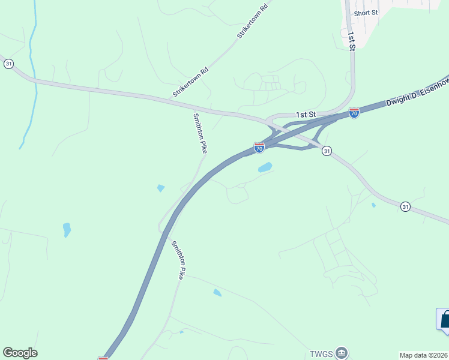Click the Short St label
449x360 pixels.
click(x=366, y=13)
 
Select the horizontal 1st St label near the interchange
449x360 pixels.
click(x=306, y=114)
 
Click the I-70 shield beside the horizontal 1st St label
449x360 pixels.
click(x=354, y=113)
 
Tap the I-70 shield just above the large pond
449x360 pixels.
click(x=259, y=148)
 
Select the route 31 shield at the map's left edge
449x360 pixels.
click(x=8, y=64)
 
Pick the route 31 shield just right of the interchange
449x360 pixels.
click(x=326, y=151)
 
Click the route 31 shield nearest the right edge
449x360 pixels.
click(x=406, y=206)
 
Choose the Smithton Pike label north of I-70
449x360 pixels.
click(x=200, y=134)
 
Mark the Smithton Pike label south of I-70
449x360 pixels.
click(x=178, y=260)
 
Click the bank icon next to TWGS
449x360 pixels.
click(x=342, y=352)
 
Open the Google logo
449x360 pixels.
click(x=20, y=353)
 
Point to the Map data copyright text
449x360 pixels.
click(x=423, y=355)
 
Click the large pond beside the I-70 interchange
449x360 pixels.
click(x=265, y=167)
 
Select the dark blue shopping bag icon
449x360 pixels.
click(x=445, y=319)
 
